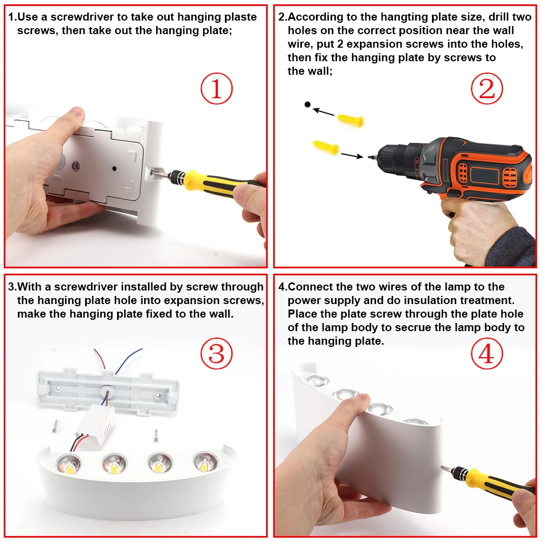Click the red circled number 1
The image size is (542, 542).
coord(217,88)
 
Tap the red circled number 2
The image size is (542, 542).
coord(487,88)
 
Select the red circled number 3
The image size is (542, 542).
coord(217,353)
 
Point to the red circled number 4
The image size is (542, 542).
coord(487,353)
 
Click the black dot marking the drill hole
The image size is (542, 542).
coord(307,105)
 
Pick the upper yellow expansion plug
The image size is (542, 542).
coord(350,120)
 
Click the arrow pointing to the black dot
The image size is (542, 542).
coord(323,112)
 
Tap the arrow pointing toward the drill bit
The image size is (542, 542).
coord(352,156)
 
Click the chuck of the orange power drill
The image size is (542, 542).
coord(394,160)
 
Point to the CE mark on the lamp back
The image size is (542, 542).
coord(76,166)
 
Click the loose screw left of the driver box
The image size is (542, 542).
coord(55,426)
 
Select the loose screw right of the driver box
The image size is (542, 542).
coord(156,435)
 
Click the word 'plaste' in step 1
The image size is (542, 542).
coord(241,17)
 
